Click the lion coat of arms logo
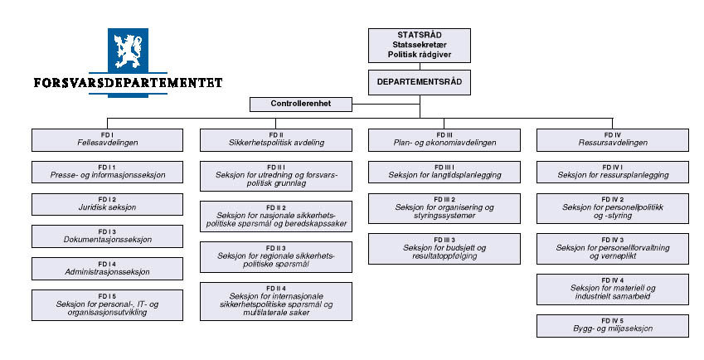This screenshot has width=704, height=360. coord(128,51)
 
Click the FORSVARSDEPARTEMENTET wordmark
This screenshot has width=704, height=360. coord(128,83)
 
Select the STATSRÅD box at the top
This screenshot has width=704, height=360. coord(420,45)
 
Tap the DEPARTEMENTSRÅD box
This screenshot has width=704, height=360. coord(420,82)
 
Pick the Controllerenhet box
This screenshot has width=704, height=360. coord(300,105)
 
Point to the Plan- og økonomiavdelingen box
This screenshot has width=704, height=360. coord(445,139)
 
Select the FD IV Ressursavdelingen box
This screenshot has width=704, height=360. coord(613,139)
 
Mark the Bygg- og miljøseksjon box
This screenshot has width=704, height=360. coord(613,325)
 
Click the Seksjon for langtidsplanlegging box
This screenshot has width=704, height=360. coord(445,172)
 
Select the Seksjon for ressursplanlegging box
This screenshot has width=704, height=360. coord(613,172)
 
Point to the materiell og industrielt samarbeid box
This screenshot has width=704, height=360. coord(613,288)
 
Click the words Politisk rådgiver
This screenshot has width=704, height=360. coord(420,55)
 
